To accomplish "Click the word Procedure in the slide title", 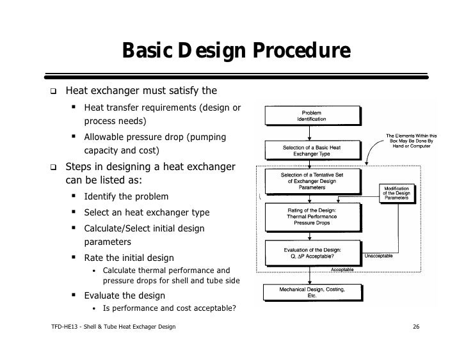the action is click(301, 51).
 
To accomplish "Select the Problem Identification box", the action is click(313, 116).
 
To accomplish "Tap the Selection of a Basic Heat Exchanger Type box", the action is click(313, 150).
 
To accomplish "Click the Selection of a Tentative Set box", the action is click(313, 182).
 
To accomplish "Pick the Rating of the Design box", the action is click(313, 217).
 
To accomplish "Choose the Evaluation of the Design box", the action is click(313, 253).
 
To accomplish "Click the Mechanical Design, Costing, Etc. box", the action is click(313, 293).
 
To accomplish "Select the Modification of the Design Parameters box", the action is click(398, 194).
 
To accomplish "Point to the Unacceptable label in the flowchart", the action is click(379, 256).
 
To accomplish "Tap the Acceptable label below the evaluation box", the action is click(342, 269).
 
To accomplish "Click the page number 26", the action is click(416, 327).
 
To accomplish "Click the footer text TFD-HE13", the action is click(64, 327).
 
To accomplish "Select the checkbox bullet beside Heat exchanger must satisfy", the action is click(53, 91).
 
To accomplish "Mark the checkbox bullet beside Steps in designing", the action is click(53, 167).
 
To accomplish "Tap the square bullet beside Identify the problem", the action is click(74, 196).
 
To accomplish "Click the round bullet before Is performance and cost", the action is click(94, 309).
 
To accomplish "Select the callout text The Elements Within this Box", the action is click(412, 141).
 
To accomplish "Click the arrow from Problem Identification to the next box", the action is click(309, 133).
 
